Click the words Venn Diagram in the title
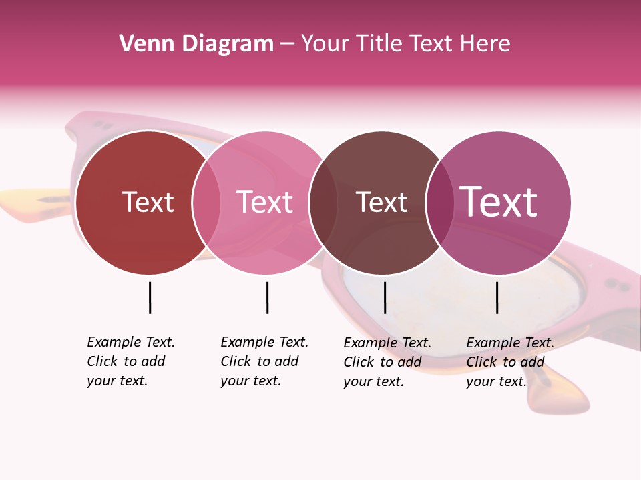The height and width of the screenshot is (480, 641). tap(196, 44)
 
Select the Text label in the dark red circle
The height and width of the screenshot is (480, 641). tap(148, 203)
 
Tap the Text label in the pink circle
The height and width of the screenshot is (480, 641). tap(265, 203)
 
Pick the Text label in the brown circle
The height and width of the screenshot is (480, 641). tap(381, 203)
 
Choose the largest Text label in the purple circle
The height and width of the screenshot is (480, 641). tap(499, 203)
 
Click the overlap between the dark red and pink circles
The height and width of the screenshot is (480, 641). tap(206, 203)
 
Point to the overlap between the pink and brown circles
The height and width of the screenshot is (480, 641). tap(323, 203)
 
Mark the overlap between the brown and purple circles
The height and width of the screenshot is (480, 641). tap(439, 203)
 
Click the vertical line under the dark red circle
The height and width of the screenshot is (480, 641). tap(150, 297)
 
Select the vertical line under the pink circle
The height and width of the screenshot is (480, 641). tap(267, 297)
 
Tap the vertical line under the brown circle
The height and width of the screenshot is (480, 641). tap(385, 297)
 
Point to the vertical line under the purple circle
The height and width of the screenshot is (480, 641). tap(497, 297)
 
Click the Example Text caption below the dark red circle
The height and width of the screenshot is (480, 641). tap(130, 361)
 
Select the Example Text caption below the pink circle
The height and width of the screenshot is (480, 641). tap(264, 361)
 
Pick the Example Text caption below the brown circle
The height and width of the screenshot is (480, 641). tap(387, 362)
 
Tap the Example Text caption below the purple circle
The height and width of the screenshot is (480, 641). tap(509, 362)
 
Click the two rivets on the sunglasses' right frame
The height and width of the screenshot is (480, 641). tap(618, 285)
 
